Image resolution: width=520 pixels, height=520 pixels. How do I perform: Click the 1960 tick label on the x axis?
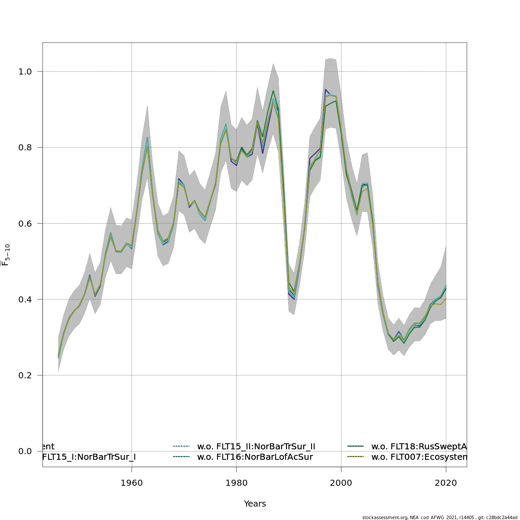tap(132, 483)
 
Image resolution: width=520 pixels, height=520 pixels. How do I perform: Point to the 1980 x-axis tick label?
tap(236, 483)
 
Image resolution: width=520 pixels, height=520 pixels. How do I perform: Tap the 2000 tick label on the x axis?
tap(341, 483)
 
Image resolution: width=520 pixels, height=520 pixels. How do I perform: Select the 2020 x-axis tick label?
tap(446, 483)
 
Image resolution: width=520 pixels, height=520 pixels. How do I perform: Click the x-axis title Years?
tap(255, 504)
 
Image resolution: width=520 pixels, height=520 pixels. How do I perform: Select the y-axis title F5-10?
tap(6, 255)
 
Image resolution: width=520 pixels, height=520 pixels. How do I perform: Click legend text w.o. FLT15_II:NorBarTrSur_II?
tap(256, 447)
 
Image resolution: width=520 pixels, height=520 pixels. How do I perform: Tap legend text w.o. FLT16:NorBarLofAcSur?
tap(255, 457)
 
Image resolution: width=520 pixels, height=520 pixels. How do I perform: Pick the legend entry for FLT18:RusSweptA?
tap(419, 447)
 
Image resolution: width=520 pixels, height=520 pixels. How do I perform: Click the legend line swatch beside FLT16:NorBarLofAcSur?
tap(182, 457)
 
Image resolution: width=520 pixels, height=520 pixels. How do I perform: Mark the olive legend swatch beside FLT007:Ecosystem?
tap(356, 457)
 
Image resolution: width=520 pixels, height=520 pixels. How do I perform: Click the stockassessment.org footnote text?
tap(439, 517)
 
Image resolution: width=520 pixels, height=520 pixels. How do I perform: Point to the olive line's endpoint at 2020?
tap(446, 298)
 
